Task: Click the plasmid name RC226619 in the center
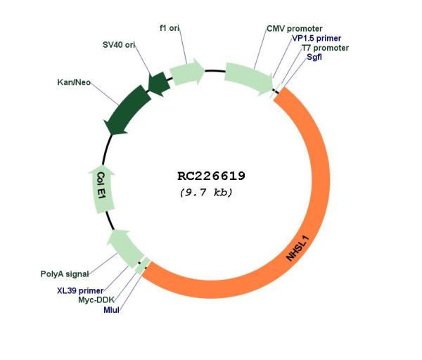coord(211,176)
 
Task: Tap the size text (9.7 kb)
coord(206,193)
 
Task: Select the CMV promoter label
coord(295,29)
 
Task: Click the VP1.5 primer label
coord(316,38)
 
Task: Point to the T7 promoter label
coord(325,48)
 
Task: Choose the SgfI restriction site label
coord(314,57)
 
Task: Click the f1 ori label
coord(170,27)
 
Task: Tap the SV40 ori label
coord(119,45)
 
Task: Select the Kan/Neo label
coord(74,82)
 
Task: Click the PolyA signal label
coord(65,274)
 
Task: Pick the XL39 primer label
coord(80,290)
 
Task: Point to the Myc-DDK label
coord(96,300)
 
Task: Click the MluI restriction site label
coord(111,310)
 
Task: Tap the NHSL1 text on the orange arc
coord(298,248)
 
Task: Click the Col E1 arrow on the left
coord(101,189)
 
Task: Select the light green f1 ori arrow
coord(187,72)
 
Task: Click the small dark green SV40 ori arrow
coord(159,84)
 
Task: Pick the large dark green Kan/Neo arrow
coord(127,110)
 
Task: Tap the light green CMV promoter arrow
coord(249,78)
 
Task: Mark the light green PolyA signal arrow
coord(125,248)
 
